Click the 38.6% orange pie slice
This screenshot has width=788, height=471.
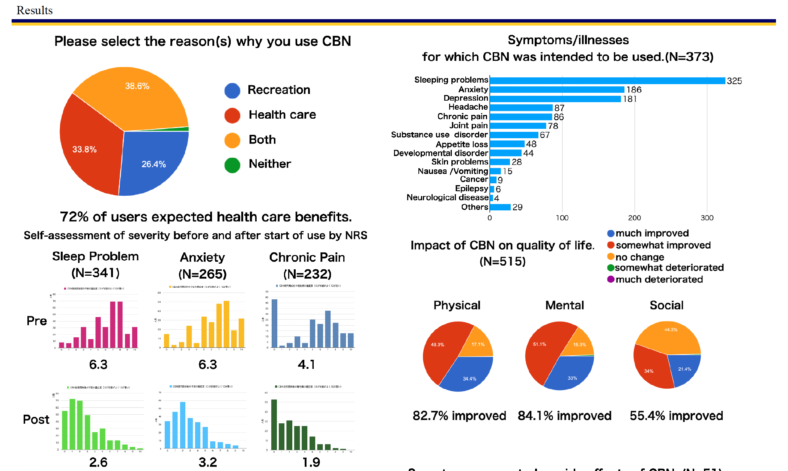coord(135,98)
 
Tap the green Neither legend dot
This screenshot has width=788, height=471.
coord(232,165)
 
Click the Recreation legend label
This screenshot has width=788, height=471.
coord(279,90)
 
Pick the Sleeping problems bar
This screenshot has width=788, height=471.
coord(607,81)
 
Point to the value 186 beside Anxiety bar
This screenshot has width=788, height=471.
coord(634,90)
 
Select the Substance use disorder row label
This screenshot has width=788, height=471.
coord(439,135)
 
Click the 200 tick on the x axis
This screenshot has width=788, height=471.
coord(635,218)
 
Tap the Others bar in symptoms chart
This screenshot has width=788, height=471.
coord(500,207)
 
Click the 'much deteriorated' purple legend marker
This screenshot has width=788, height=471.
coord(611,279)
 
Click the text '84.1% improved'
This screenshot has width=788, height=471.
coord(564,416)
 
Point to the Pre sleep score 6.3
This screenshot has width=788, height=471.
coord(98,364)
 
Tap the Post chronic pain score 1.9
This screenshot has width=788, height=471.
coord(311,462)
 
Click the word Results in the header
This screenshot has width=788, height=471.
coord(35,10)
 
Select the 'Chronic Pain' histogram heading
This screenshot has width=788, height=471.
coord(307,257)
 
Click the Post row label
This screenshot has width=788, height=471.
coord(36,419)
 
